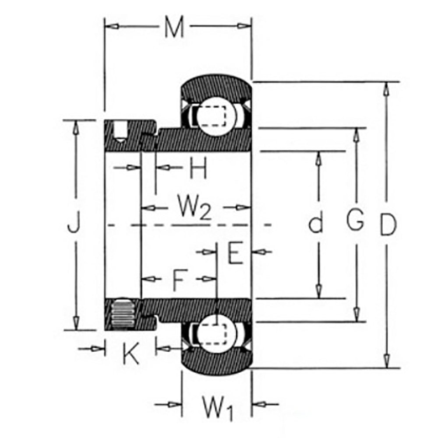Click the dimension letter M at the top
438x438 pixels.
pyautogui.click(x=174, y=28)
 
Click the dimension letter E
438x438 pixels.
pyautogui.click(x=236, y=253)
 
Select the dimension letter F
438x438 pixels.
pyautogui.click(x=178, y=280)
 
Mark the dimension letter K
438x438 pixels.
pyautogui.click(x=130, y=353)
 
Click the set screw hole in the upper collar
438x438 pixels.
pyautogui.click(x=119, y=131)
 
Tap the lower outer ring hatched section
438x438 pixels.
pyautogui.click(x=217, y=362)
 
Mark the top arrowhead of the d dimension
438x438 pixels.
pyautogui.click(x=319, y=158)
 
